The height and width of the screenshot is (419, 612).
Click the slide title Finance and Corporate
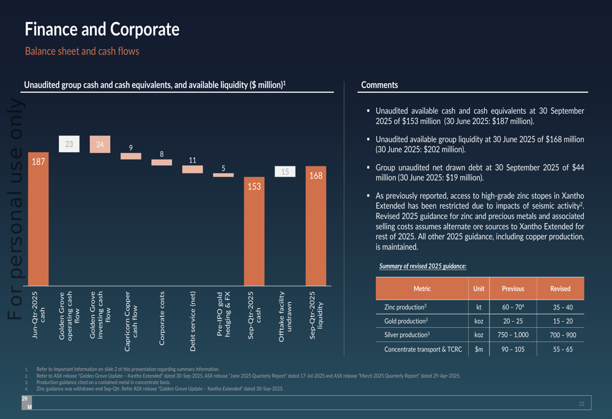click(102, 29)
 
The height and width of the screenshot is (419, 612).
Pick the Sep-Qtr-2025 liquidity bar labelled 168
click(316, 226)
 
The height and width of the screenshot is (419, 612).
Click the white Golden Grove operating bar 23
click(69, 144)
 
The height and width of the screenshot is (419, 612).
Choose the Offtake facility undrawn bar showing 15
click(285, 172)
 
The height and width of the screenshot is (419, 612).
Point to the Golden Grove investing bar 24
click(100, 144)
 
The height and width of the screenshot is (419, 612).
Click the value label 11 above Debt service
click(192, 160)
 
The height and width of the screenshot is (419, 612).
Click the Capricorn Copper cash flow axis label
click(131, 321)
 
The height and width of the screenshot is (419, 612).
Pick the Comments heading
click(379, 85)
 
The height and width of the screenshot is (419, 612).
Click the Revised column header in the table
click(560, 289)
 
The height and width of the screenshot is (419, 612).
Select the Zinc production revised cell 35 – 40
click(560, 307)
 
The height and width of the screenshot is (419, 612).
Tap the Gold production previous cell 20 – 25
click(513, 321)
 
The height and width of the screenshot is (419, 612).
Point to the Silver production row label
click(406, 335)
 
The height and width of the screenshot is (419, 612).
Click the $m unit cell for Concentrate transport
click(479, 349)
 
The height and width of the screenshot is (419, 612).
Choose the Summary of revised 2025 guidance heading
click(422, 266)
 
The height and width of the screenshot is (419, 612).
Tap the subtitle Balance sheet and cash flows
click(82, 51)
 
